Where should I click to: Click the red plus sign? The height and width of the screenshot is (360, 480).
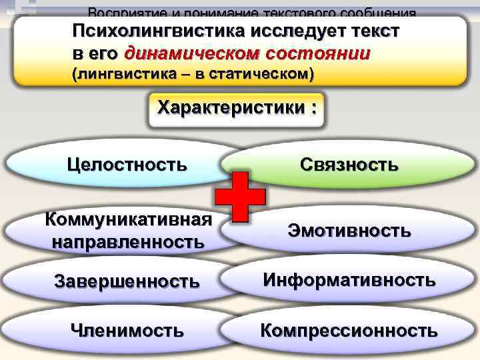241,195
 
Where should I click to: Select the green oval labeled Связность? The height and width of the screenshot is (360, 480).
349,163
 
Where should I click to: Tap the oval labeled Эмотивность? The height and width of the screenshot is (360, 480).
349,231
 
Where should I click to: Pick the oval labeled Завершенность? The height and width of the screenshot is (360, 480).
126,281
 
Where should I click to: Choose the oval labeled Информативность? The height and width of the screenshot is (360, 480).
349,279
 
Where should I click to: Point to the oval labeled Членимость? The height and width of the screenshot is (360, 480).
127,329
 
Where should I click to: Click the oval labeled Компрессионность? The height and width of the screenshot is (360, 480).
349,329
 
